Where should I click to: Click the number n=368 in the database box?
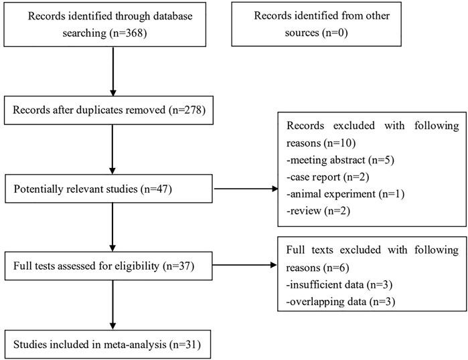[129, 33]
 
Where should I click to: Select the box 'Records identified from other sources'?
[317, 24]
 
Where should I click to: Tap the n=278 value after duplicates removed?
[187, 110]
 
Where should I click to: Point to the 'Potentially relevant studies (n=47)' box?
[108, 189]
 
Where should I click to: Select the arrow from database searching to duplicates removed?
[113, 72]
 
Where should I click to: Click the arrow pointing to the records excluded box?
[246, 189]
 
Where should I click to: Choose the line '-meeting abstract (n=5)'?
[340, 160]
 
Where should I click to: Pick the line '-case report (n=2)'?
[327, 177]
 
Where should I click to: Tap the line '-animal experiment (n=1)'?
[345, 194]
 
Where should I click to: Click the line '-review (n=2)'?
[318, 211]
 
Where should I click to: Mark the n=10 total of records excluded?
[339, 143]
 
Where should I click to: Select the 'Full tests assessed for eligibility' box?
[108, 266]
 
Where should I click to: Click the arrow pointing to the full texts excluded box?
[245, 265]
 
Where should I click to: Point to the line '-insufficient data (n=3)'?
[339, 285]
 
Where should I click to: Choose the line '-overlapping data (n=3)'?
[341, 302]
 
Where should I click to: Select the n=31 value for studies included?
[185, 345]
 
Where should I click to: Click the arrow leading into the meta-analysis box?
[112, 305]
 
